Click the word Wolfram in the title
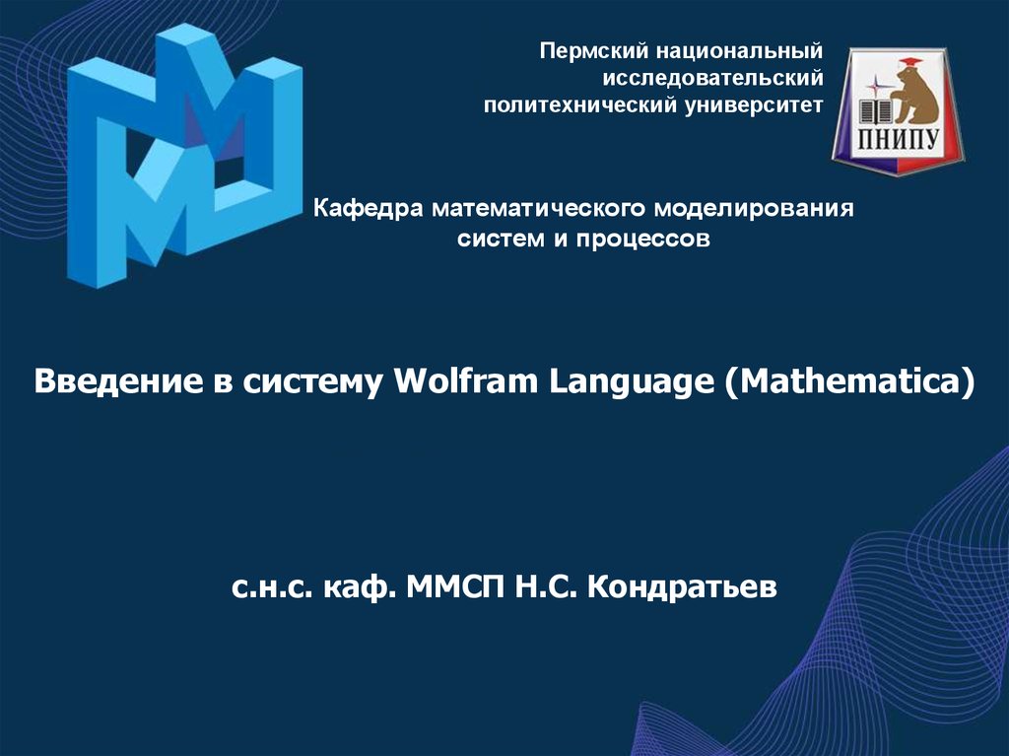(x=465, y=380)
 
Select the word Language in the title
(x=632, y=381)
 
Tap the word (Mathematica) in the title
(x=849, y=381)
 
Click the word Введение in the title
(x=118, y=381)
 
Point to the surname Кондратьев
(x=682, y=586)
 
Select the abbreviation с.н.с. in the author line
(x=272, y=587)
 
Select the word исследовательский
(x=712, y=78)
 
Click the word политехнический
(x=579, y=104)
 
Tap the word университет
(x=754, y=105)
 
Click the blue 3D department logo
(x=184, y=155)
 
